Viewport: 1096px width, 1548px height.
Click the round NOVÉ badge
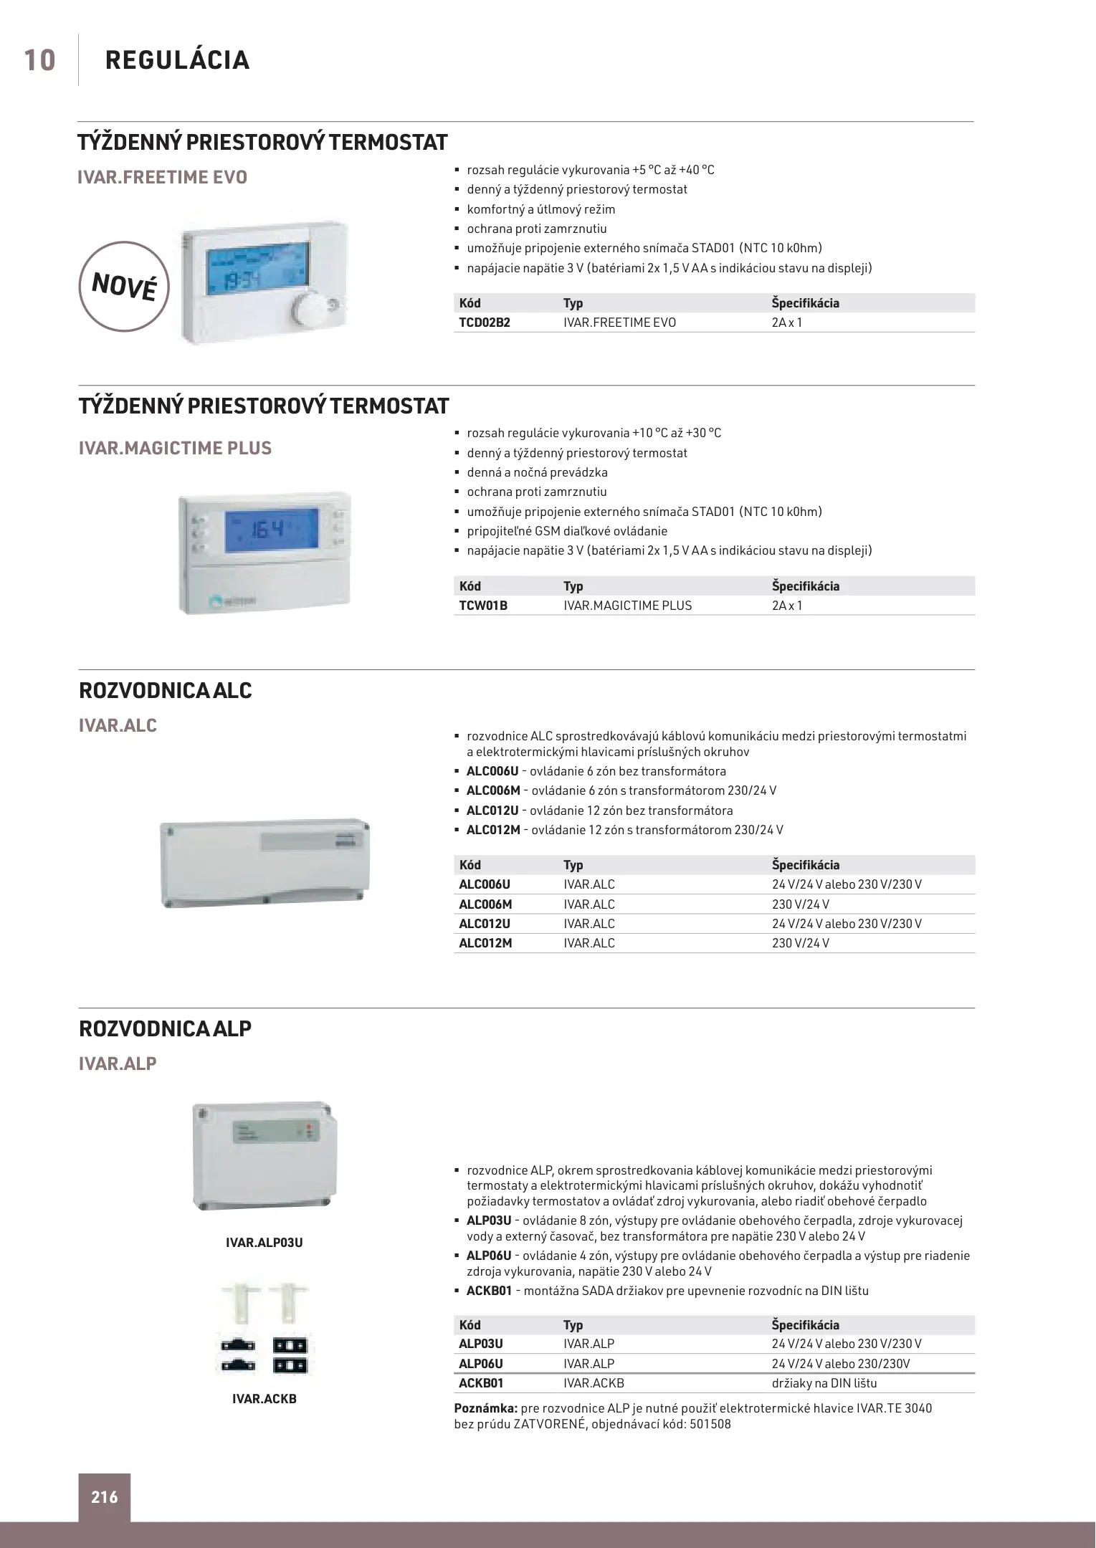click(x=123, y=287)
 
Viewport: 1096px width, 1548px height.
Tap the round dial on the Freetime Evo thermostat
click(x=309, y=310)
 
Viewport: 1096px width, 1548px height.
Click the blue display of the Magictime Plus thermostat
click(x=271, y=531)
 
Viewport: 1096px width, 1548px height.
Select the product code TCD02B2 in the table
click(x=485, y=322)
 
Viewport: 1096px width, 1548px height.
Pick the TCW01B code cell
click(x=483, y=606)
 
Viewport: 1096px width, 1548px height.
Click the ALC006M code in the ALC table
click(x=485, y=904)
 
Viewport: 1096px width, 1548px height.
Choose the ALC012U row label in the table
click(x=485, y=924)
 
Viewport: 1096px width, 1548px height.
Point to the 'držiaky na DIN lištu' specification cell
click(x=824, y=1383)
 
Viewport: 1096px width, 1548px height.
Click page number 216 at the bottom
click(x=105, y=1497)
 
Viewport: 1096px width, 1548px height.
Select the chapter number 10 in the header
click(x=40, y=60)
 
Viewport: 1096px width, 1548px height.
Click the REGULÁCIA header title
click(x=177, y=60)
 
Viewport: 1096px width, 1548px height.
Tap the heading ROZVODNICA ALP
click(x=165, y=1028)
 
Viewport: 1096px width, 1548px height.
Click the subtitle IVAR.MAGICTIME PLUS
click(x=175, y=448)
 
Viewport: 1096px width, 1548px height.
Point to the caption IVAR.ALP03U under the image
click(x=264, y=1242)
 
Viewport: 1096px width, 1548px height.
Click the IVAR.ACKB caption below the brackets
click(x=264, y=1398)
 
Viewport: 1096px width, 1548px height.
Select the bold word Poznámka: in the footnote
click(x=486, y=1408)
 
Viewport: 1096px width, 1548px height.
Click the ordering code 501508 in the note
click(x=710, y=1424)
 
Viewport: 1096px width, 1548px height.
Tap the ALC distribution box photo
click(x=265, y=863)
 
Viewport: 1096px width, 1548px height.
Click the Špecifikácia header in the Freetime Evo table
click(x=805, y=303)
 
